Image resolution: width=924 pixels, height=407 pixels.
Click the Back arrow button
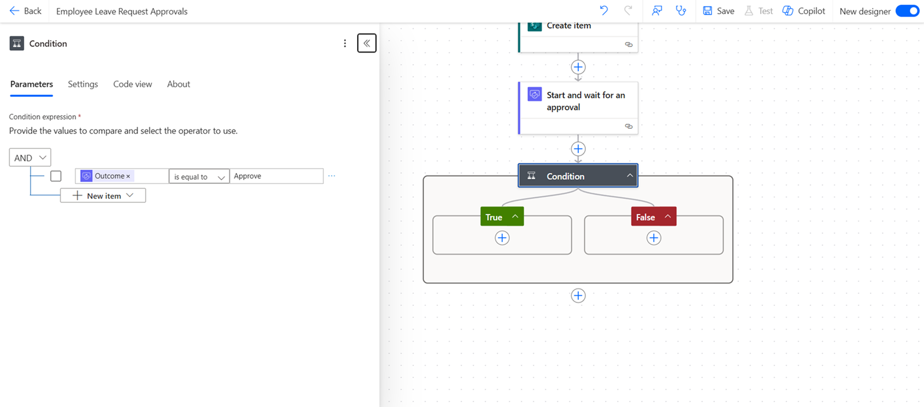click(x=25, y=11)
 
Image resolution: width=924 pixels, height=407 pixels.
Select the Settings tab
click(x=83, y=84)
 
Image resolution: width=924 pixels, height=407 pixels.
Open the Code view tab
click(x=132, y=84)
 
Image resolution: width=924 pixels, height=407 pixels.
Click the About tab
click(x=179, y=84)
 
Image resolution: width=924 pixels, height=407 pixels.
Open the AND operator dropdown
click(x=30, y=158)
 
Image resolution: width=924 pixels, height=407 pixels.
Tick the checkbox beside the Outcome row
click(x=56, y=176)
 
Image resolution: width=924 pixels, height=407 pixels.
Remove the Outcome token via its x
click(x=128, y=177)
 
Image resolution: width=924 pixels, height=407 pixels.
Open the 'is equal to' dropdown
click(x=199, y=177)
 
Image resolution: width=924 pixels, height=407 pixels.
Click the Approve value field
click(x=276, y=176)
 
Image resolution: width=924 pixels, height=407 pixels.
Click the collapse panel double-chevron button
click(x=367, y=43)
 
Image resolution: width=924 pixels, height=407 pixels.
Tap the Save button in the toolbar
click(x=718, y=11)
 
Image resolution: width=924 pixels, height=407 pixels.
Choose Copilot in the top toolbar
click(x=804, y=11)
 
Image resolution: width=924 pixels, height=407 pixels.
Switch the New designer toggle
click(x=908, y=11)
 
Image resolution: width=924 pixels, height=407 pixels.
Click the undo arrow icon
click(x=604, y=11)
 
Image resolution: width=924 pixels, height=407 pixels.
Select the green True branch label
click(x=502, y=217)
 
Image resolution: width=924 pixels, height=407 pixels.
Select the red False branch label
click(x=654, y=217)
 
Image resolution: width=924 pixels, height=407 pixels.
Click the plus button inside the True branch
click(x=502, y=238)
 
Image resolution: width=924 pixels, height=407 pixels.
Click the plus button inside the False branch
click(x=654, y=238)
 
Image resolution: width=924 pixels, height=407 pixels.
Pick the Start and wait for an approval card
click(x=578, y=108)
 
